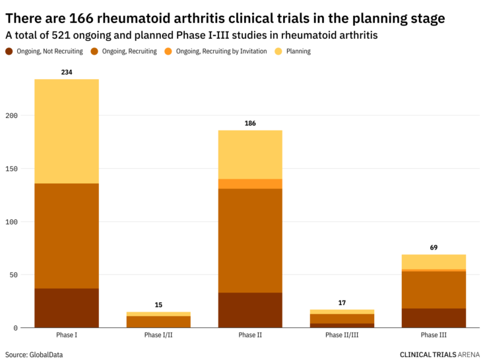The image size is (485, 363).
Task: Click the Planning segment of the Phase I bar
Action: pos(67,131)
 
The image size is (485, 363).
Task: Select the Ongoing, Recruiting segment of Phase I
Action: pos(67,235)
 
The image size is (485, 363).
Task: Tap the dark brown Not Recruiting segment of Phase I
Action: pos(67,308)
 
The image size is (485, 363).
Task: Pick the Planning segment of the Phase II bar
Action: pos(250,154)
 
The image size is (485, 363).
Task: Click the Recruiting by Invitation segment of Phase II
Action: pos(250,184)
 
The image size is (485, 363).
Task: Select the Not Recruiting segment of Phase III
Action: pos(434,318)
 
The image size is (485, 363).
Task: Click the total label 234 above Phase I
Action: pos(67,72)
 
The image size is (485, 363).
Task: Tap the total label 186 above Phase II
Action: pos(250,123)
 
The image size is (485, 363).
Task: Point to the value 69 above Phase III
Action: pos(434,248)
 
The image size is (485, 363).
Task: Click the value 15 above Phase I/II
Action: pos(158,305)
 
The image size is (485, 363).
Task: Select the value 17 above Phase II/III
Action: pos(342,303)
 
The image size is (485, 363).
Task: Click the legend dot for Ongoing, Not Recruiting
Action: pos(9,51)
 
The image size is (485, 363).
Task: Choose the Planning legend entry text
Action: pos(298,51)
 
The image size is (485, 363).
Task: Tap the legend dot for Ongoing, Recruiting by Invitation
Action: pos(168,51)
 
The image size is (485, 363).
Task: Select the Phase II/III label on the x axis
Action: pos(342,335)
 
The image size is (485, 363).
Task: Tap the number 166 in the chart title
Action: pos(82,18)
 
